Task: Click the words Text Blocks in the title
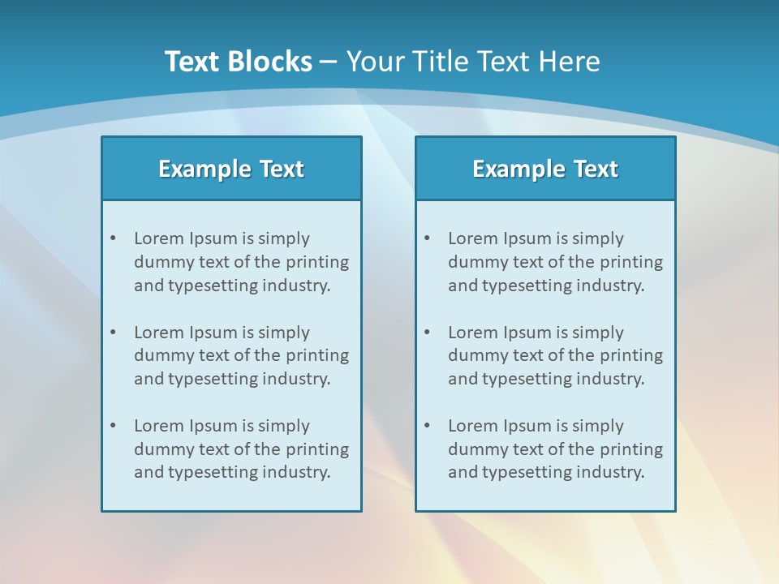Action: tap(238, 62)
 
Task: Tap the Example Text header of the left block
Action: tap(231, 169)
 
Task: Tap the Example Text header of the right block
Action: tap(545, 169)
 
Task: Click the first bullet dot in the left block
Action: tap(113, 238)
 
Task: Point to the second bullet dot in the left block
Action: tap(113, 333)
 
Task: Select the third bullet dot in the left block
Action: tap(113, 426)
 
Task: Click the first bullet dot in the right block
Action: tap(427, 238)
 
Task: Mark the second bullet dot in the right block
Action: tap(427, 333)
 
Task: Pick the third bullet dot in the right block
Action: tap(427, 426)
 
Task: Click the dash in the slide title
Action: tap(329, 62)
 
